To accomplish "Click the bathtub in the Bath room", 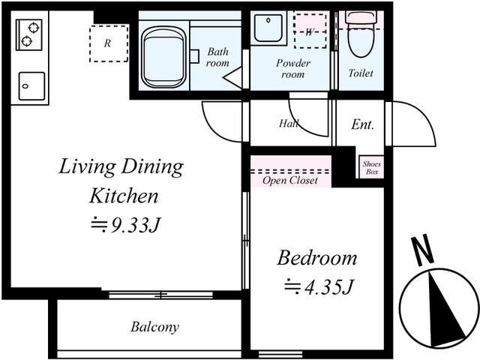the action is click(164, 57).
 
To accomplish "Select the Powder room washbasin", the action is click(268, 28).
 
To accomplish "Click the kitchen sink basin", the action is click(31, 86).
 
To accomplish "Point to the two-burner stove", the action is click(29, 35).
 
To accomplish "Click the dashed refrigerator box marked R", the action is click(109, 43).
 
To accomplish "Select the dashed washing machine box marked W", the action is click(310, 31).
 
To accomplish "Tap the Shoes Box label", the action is click(372, 168).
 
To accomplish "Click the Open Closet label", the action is click(290, 181).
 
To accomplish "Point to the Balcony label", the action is click(155, 327).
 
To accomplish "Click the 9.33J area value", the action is click(126, 226).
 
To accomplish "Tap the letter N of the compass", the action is click(422, 250).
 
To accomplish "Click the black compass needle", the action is click(444, 309).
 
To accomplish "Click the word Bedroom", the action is click(317, 258).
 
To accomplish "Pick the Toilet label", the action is click(361, 73).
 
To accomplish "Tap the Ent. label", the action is click(362, 124).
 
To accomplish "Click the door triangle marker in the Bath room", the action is click(233, 78).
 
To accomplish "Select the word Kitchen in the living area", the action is click(124, 196).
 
